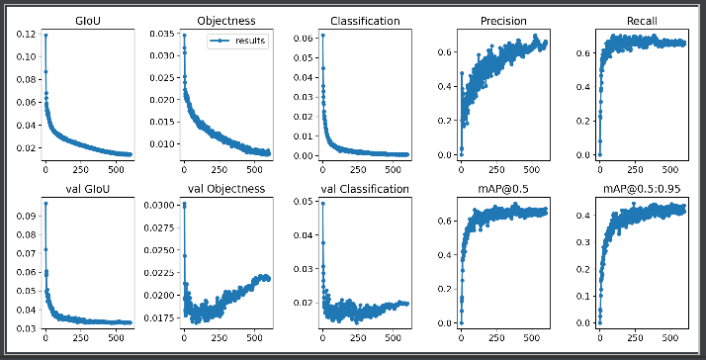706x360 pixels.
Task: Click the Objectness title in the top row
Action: click(226, 20)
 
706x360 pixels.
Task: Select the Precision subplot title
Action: click(503, 20)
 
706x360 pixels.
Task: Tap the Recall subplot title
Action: click(641, 20)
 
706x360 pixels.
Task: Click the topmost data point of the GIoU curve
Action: click(44, 35)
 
